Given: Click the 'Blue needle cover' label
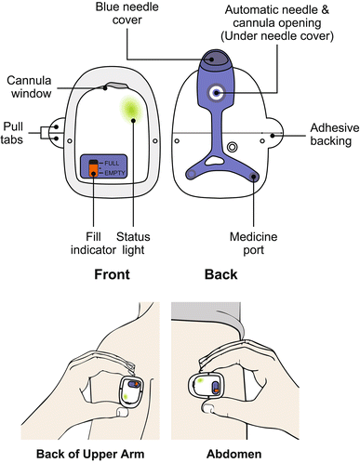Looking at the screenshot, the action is pos(127,13).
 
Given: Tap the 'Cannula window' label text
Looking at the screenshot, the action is pos(29,86).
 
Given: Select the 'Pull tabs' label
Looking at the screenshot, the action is pos(12,133).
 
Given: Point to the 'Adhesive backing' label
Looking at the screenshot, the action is pos(335,134).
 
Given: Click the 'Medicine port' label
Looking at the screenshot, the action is pos(253,244).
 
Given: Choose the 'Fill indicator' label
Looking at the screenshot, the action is pos(93,244).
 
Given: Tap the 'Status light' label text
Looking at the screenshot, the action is pos(133,244).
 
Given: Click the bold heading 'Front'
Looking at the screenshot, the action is pos(112,274).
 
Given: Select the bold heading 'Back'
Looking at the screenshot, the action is pos(220,274).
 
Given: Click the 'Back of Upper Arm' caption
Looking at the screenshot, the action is pos(90,454).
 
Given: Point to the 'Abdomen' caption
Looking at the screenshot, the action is pos(234,454).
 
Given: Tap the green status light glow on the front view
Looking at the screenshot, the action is pos(131,110).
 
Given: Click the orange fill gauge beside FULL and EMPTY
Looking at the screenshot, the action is pos(93,168).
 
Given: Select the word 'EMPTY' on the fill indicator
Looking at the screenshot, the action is pos(114,173).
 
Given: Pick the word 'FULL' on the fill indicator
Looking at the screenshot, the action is pos(112,163).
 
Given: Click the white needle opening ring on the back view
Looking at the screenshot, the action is pos(216,92).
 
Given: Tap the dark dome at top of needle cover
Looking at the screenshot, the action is pos(216,58).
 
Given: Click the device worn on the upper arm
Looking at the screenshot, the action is pos(132,390).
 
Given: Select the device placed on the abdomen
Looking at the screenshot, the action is pos(206,386).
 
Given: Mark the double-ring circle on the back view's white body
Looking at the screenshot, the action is pos(232,147).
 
